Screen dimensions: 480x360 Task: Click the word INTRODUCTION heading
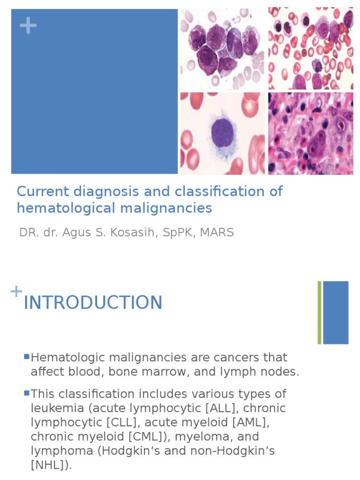click(93, 302)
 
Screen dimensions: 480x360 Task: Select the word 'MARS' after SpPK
click(217, 232)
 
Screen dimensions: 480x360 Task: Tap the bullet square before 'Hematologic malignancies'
click(27, 357)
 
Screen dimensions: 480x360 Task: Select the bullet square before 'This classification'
click(27, 393)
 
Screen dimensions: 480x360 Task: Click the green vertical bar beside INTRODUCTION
click(319, 312)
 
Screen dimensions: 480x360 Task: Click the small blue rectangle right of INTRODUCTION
click(336, 312)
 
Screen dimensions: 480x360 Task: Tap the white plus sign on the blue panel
click(28, 26)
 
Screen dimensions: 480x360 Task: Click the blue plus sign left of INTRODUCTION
click(16, 291)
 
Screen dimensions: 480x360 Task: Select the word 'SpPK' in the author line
click(177, 232)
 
